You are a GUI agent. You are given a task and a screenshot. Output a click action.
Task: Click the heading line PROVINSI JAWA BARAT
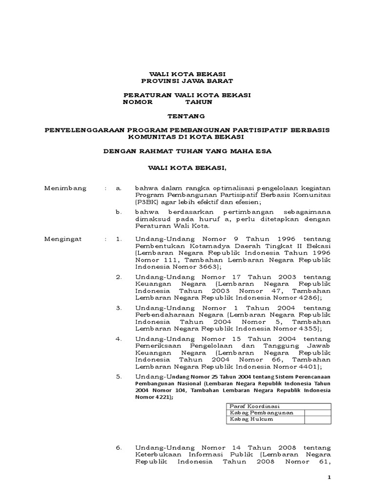pyautogui.click(x=187, y=81)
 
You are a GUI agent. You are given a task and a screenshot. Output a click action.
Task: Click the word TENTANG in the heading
pyautogui.click(x=187, y=116)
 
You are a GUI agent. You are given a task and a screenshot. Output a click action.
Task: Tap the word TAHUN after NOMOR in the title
pyautogui.click(x=198, y=103)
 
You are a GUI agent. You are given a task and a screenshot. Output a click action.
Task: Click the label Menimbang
pyautogui.click(x=65, y=188)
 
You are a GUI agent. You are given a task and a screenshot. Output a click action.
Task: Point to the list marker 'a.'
pyautogui.click(x=118, y=188)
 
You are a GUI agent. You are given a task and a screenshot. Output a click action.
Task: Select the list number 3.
pyautogui.click(x=118, y=309)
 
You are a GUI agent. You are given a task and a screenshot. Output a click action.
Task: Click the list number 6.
pyautogui.click(x=118, y=447)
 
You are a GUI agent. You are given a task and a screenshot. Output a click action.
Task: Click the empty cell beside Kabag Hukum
pyautogui.click(x=317, y=419)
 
